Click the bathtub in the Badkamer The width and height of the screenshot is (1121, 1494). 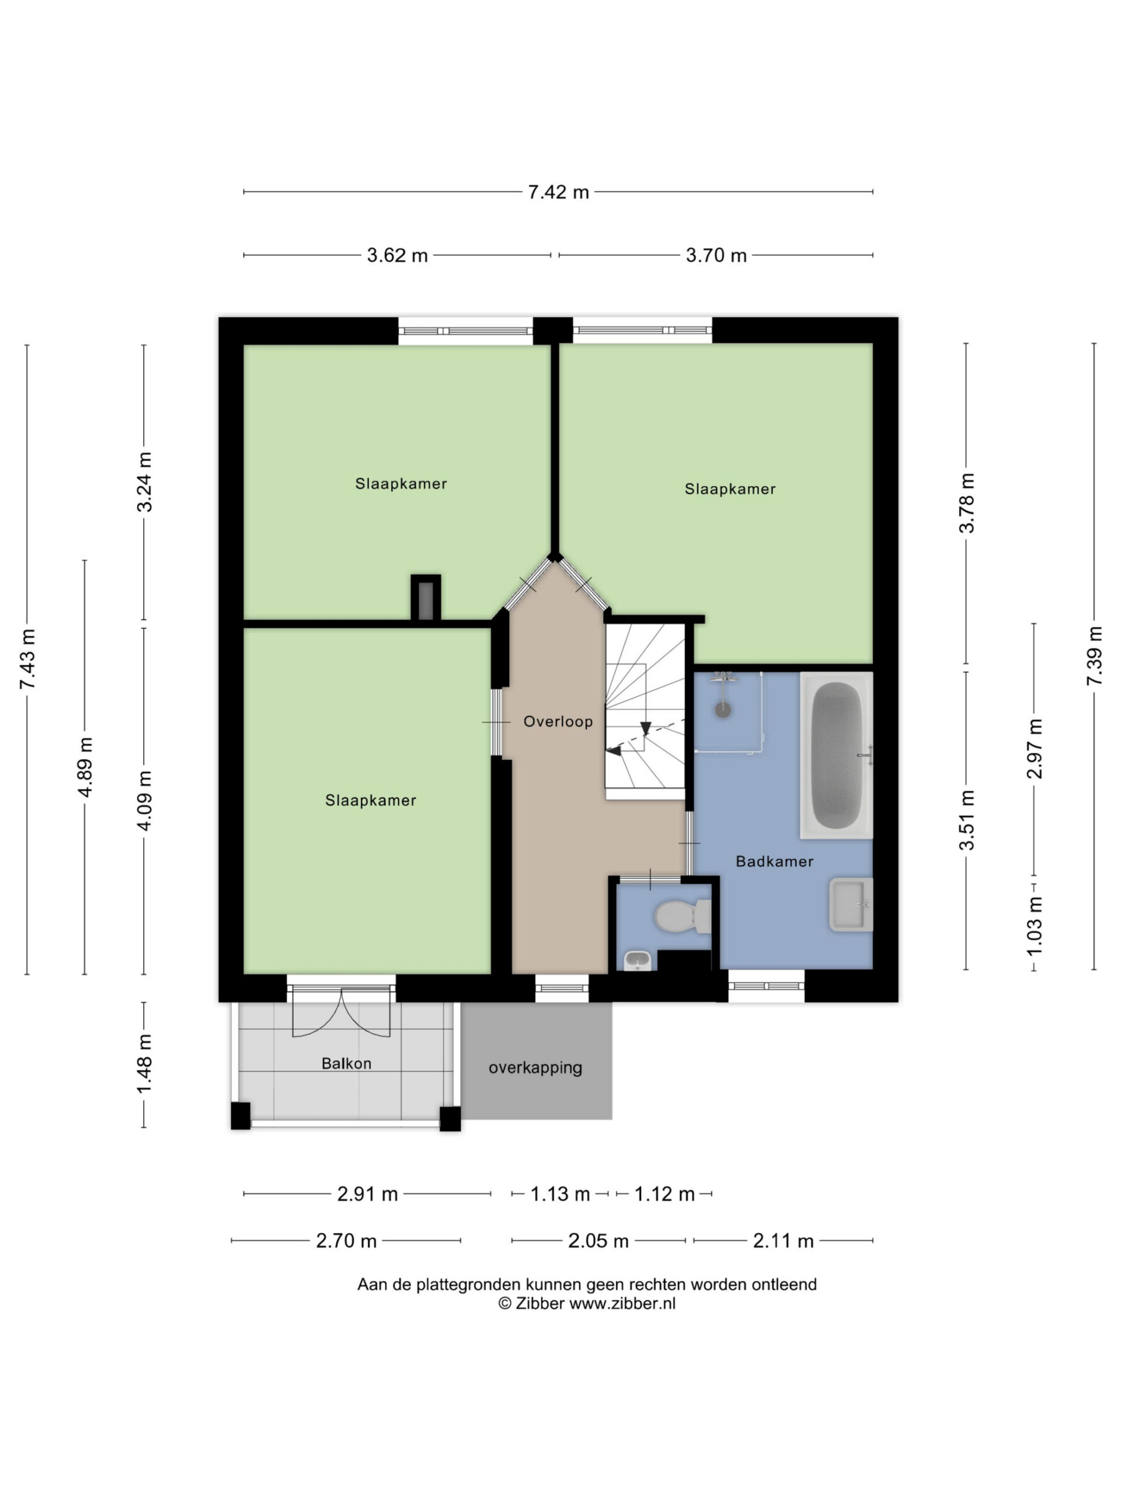click(x=837, y=755)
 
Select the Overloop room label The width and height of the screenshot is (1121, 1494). click(x=558, y=721)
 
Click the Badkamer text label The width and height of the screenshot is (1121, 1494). click(x=774, y=861)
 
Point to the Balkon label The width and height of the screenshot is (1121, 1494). click(x=347, y=1064)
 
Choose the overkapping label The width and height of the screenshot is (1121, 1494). click(x=535, y=1068)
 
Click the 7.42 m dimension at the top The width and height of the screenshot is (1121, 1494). click(x=558, y=192)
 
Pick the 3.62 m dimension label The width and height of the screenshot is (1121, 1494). click(x=398, y=255)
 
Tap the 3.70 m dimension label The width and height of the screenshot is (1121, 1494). click(x=716, y=255)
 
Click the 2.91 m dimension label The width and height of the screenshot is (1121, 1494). click(x=368, y=1194)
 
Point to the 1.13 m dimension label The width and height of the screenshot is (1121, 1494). click(x=560, y=1194)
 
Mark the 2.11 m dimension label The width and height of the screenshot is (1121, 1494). click(x=783, y=1241)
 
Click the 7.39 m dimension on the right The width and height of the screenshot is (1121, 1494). click(x=1094, y=656)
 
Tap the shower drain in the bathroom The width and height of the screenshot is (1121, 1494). click(x=723, y=710)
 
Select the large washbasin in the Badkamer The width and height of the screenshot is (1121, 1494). click(x=851, y=905)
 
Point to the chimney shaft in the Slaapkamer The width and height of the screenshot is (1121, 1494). click(x=426, y=597)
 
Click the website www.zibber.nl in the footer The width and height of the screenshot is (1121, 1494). click(x=622, y=1304)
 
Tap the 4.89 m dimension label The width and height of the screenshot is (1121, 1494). click(x=85, y=767)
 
